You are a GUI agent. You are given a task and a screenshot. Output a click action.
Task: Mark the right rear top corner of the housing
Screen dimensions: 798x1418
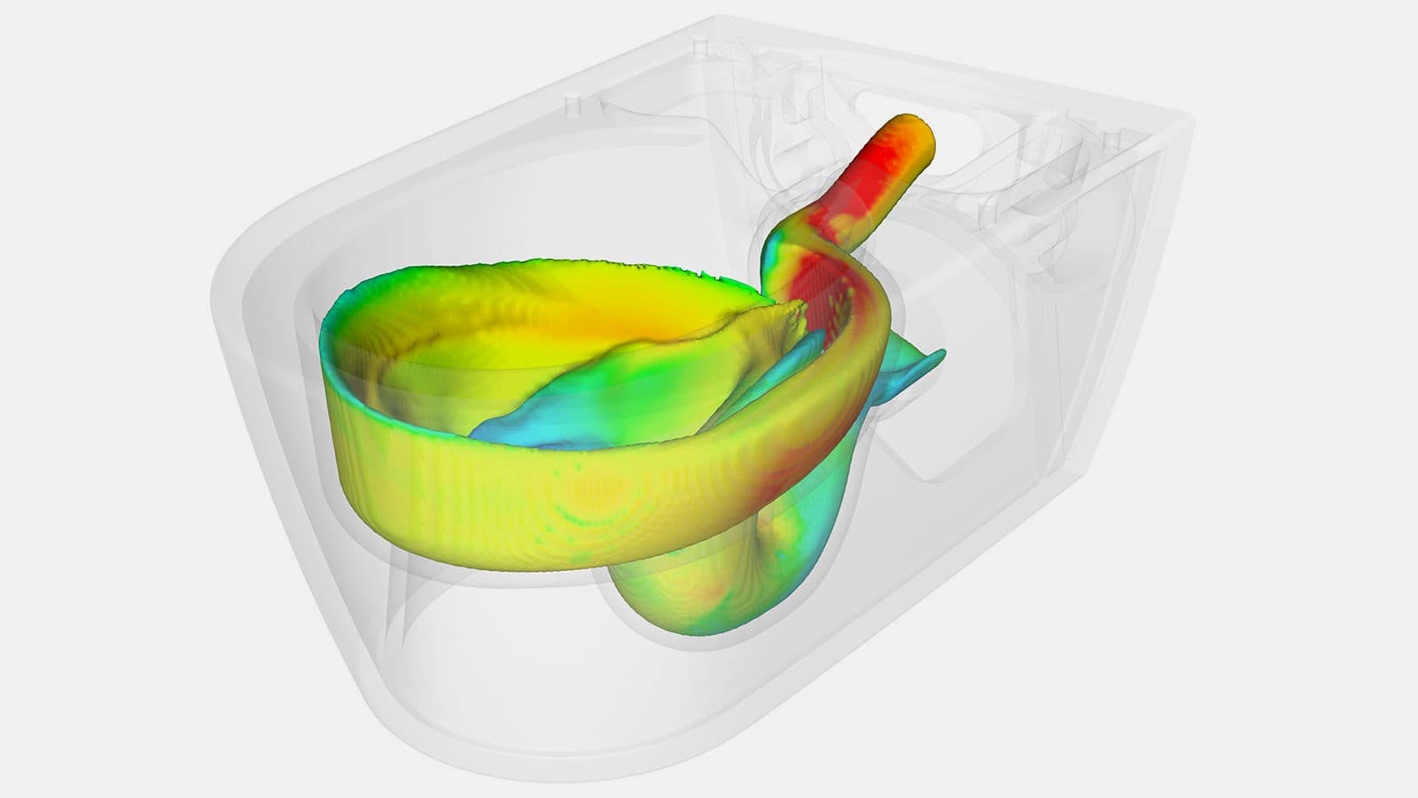(1188, 115)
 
